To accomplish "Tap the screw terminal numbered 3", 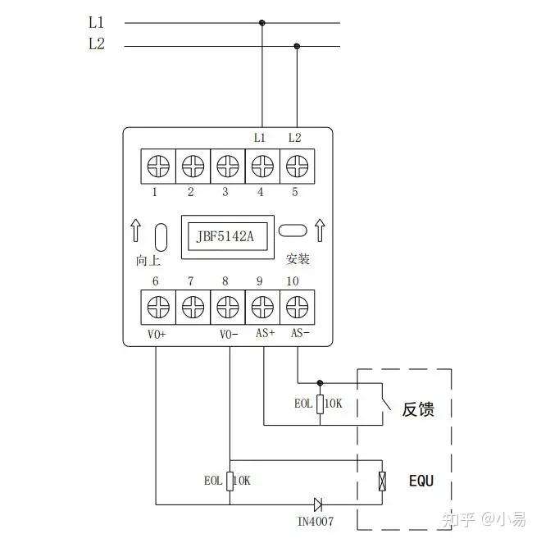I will [x=227, y=166].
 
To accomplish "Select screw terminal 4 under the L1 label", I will [x=262, y=166].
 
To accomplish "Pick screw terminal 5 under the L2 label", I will [x=297, y=166].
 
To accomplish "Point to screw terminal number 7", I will [x=193, y=308].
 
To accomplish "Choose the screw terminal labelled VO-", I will [x=227, y=308].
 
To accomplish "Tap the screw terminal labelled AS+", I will [x=262, y=308].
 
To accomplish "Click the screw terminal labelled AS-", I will [x=297, y=308].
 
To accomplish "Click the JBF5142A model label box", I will [x=225, y=237].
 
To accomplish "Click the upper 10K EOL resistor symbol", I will [x=320, y=404].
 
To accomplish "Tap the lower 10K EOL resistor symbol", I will [x=230, y=481].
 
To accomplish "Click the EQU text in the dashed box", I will [x=421, y=481].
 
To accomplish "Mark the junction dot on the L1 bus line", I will [x=262, y=23].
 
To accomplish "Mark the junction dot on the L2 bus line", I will [x=297, y=46].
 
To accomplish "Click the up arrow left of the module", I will [x=136, y=231].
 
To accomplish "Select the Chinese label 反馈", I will [x=417, y=409].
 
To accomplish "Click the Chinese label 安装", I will [x=298, y=259].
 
